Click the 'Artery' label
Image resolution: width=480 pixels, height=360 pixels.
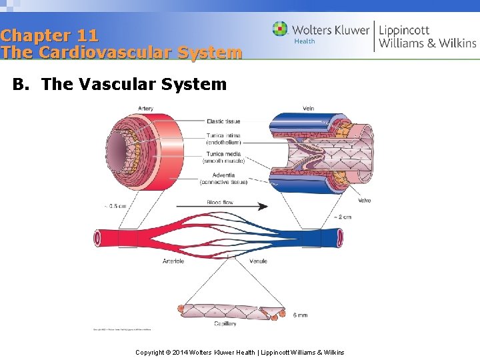tap(145, 109)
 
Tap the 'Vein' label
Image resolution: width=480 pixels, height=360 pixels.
tap(309, 109)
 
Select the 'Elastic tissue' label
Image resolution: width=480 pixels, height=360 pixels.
tap(223, 121)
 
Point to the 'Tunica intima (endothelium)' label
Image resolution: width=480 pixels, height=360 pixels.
tap(223, 139)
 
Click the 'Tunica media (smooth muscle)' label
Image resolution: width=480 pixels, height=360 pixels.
tap(223, 157)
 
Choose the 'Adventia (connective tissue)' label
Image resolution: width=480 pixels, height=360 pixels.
tap(224, 179)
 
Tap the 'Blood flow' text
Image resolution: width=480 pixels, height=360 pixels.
tap(221, 202)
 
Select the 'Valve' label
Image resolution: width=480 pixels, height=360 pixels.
tap(365, 201)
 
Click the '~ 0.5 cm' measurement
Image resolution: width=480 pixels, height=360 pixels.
tap(115, 206)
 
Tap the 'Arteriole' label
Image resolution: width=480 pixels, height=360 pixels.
tap(173, 261)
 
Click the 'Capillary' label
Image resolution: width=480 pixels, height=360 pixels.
tap(225, 324)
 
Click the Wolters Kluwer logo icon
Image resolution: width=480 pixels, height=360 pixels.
tap(280, 29)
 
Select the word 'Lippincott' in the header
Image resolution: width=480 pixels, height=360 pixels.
tap(404, 30)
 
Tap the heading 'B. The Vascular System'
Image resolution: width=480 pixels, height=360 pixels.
tap(120, 85)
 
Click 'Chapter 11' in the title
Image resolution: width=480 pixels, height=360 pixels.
tap(49, 35)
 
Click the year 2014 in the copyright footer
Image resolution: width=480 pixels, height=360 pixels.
tap(180, 352)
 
